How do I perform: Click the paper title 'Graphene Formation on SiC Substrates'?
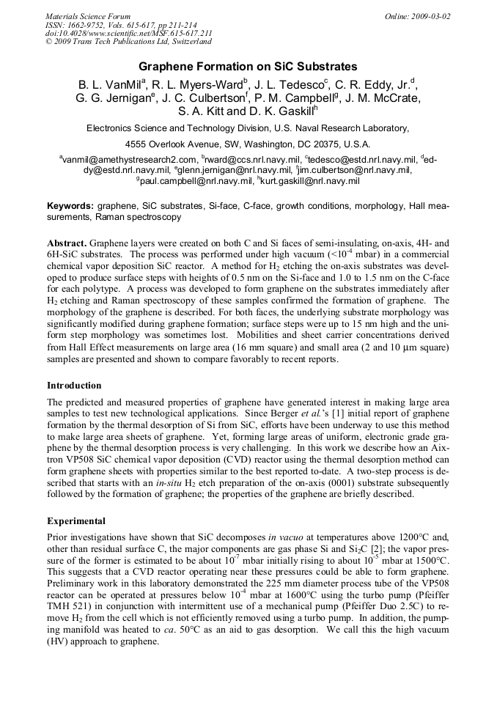248,67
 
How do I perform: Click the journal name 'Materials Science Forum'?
88,16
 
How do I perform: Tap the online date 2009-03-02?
418,16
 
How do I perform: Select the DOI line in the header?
129,34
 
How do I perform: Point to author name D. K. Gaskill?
282,112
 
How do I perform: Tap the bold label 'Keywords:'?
70,207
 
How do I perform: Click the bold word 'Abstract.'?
67,242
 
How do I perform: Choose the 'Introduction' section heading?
74,385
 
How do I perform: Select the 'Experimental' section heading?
76,521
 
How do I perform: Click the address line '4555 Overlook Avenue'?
248,144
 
